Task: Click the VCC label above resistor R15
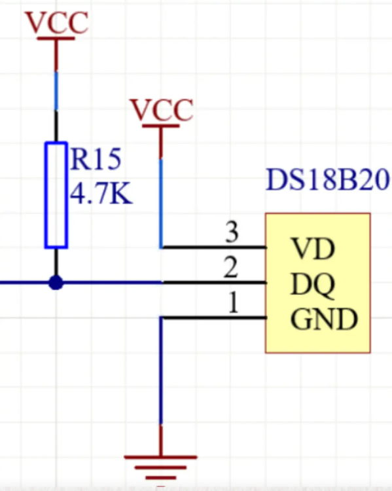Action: tap(56, 22)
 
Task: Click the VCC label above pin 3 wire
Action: tap(161, 109)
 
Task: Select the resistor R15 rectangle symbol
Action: tap(56, 194)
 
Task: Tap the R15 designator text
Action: tap(96, 158)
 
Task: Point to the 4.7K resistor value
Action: tap(101, 193)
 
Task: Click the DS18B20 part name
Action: tap(328, 180)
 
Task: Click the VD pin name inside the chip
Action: tap(313, 249)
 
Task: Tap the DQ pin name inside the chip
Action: tap(313, 285)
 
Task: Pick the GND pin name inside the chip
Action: tap(324, 320)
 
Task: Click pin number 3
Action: tap(230, 232)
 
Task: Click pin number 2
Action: tap(230, 268)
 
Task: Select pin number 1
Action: tap(230, 304)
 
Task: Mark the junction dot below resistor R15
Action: tap(56, 283)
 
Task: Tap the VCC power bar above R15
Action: tap(56, 39)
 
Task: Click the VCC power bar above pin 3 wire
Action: tap(161, 126)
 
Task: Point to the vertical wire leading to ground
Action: tap(161, 380)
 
